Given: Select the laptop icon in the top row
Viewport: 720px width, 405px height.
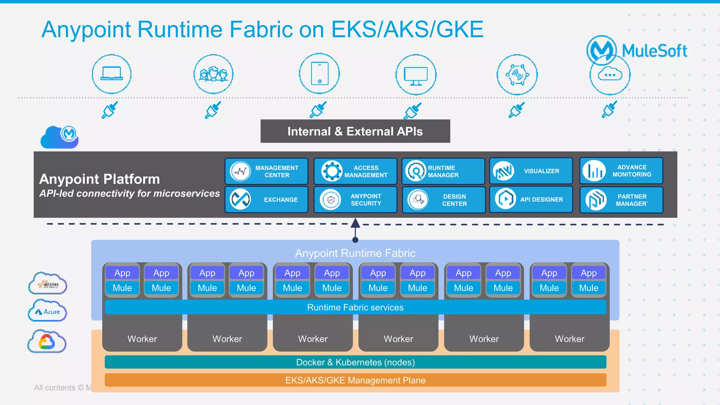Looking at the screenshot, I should (x=112, y=74).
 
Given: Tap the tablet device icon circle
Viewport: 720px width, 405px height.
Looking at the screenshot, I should (x=319, y=74).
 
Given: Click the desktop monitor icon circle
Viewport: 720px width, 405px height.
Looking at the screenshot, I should (x=416, y=75).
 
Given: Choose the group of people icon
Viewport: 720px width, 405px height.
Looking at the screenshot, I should (x=213, y=74).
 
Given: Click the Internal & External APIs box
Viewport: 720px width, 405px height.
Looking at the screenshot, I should (x=355, y=131).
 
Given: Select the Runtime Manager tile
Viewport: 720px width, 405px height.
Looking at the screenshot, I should (x=443, y=171).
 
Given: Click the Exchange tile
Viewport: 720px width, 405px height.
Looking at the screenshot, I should (x=266, y=199).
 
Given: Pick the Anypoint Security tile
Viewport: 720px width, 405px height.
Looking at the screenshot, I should (x=355, y=199).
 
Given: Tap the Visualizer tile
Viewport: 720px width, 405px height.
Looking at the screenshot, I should (x=531, y=171).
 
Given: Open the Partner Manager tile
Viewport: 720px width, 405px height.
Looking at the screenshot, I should (x=621, y=200).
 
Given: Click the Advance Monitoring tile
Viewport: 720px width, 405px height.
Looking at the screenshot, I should (x=621, y=171).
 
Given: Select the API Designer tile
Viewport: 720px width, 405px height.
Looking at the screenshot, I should (x=531, y=199).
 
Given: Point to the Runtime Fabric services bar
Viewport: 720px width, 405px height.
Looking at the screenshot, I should (x=355, y=307).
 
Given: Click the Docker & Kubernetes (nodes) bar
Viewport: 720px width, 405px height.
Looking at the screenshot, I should (x=355, y=362).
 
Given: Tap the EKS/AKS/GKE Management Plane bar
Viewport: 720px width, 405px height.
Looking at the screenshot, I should (x=355, y=380).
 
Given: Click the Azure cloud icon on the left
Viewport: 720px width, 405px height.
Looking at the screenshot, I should (x=47, y=311).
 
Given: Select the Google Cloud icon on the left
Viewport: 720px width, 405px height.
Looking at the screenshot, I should (x=47, y=341).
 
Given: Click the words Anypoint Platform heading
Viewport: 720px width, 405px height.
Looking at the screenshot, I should (x=99, y=179).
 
